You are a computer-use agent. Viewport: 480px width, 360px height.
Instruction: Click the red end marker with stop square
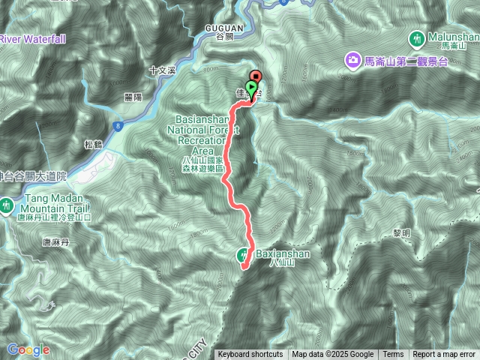(256, 76)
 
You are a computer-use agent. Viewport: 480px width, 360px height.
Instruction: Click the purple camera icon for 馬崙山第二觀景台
(351, 59)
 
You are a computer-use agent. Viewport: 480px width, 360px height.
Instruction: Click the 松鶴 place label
(94, 145)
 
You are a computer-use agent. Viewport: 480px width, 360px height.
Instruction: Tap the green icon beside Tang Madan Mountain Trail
(6, 204)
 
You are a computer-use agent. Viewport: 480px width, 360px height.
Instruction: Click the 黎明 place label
(401, 235)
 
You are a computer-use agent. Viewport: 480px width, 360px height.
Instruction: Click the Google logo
(28, 349)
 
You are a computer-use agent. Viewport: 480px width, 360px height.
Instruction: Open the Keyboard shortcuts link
(250, 355)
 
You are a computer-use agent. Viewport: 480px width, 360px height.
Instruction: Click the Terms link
(393, 355)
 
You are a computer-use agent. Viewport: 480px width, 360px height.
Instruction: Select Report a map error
(445, 355)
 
